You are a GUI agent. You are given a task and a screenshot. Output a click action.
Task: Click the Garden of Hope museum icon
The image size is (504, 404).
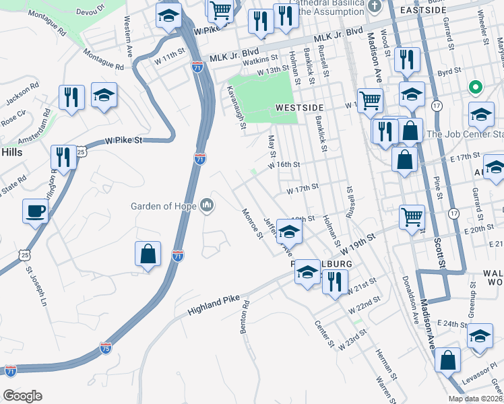pyautogui.click(x=207, y=205)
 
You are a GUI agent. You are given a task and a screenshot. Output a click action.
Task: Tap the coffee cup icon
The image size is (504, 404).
pyautogui.click(x=35, y=211)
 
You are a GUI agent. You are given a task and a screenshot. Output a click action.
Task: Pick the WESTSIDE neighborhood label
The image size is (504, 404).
pyautogui.click(x=300, y=108)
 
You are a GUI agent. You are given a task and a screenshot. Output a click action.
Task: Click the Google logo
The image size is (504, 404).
pyautogui.click(x=22, y=396)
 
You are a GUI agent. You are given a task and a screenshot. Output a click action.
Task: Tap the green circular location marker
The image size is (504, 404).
pyautogui.click(x=475, y=87)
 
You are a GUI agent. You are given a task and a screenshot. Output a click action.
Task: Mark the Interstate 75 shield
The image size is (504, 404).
pyautogui.click(x=105, y=348)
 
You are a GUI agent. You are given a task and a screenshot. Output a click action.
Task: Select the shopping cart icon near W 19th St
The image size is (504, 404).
pyautogui.click(x=412, y=217)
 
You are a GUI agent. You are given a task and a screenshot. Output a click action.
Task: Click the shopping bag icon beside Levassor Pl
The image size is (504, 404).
pyautogui.click(x=447, y=360)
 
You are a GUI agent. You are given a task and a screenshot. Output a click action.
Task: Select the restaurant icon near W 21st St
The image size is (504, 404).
pyautogui.click(x=334, y=281)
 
